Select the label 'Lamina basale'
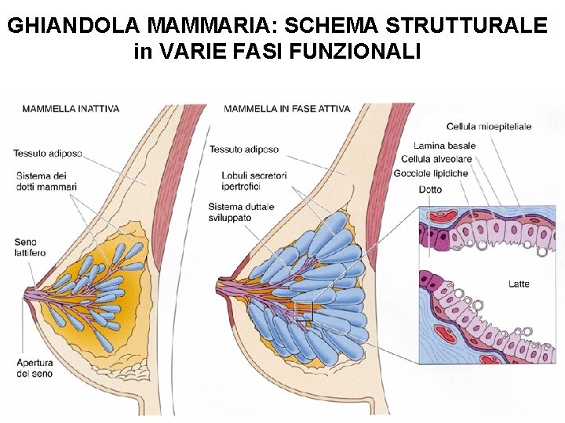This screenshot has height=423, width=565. click(444, 146)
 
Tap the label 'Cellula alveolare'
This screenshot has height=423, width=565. click(443, 159)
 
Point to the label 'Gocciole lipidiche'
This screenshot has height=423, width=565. click(431, 173)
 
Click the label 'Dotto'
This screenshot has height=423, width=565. click(430, 190)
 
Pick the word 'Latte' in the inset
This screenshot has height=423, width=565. click(519, 284)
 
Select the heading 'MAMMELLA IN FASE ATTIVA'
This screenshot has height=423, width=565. click(286, 109)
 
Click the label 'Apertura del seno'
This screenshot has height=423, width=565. click(35, 367)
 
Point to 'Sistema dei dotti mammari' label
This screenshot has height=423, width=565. click(46, 181)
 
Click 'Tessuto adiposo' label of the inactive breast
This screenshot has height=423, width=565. click(47, 153)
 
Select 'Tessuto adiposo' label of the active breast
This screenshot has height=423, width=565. click(243, 149)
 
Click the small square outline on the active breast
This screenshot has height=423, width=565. click(304, 312)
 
